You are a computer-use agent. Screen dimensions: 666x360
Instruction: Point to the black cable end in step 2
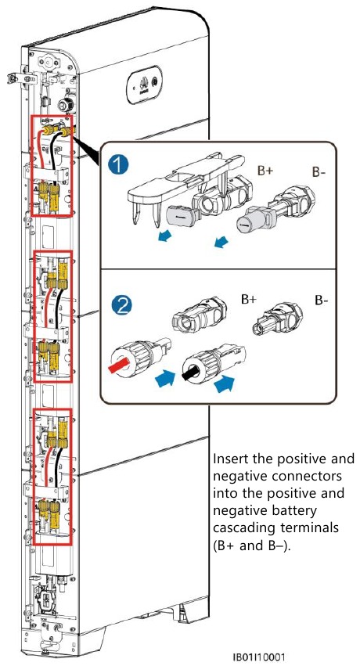189,373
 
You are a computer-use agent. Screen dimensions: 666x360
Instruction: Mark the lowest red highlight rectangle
51,474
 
